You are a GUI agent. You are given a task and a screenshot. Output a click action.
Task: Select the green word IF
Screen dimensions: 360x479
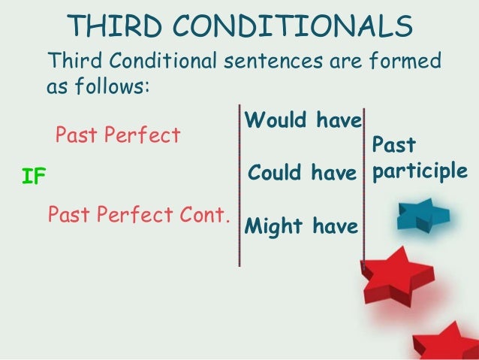(x=35, y=177)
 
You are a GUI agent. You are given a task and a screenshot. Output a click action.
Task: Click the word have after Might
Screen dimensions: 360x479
(x=336, y=225)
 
